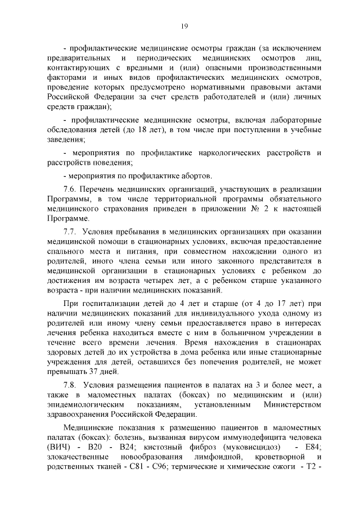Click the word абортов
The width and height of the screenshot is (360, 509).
(x=195, y=175)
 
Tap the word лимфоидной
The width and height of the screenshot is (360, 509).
(x=224, y=457)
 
